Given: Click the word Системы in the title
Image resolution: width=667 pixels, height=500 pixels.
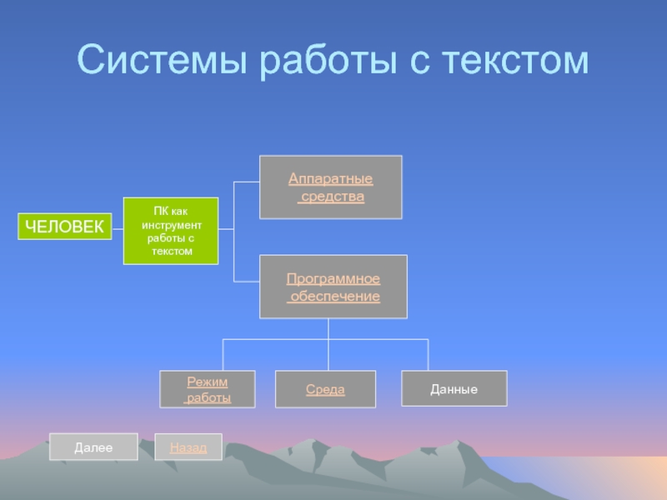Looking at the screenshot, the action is coord(162,59).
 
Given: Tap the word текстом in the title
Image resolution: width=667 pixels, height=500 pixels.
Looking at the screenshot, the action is coord(515,60).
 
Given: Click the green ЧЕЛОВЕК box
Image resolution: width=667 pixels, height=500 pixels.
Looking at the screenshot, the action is coord(65,226).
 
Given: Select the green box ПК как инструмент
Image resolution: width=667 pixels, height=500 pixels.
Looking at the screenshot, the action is coord(171,231).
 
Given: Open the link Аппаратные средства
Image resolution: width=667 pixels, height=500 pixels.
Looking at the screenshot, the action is coord(331,187).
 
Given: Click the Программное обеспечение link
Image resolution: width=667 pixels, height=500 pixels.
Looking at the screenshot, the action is coord(333,287).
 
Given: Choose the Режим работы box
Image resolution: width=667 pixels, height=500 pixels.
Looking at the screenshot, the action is coord(208,389).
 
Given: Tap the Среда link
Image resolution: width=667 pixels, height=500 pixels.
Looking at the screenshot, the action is coord(325,389).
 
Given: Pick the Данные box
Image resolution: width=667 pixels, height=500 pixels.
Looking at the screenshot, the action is coord(454,388).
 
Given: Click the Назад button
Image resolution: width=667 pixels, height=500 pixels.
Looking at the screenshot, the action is coord(188,447).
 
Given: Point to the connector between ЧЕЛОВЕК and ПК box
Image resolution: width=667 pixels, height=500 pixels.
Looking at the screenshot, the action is coord(118,229).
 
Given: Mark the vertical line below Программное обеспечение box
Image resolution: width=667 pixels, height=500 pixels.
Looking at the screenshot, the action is coord(328,344).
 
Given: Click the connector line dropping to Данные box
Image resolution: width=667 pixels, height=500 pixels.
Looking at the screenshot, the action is coord(428,355).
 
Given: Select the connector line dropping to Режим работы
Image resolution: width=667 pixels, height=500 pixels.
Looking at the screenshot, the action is coord(223,355).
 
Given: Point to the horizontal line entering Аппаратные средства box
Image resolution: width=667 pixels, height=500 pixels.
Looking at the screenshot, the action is coord(247,182).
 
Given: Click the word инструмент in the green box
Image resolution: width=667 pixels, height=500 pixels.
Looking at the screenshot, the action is coord(172,225).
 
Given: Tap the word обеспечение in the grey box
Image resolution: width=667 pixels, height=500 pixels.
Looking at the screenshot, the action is coord(335,296).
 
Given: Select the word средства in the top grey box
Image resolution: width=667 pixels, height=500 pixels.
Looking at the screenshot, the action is coord(333,197).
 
